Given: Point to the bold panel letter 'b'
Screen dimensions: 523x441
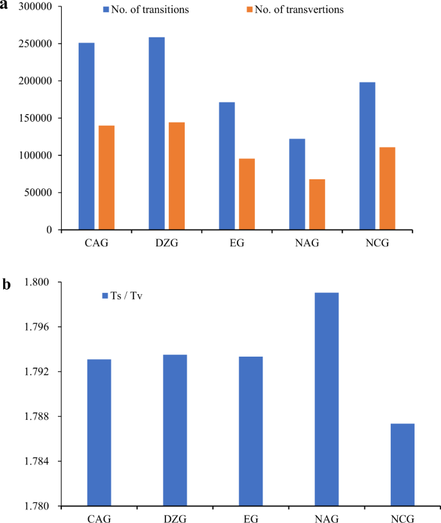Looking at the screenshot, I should [6, 284].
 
